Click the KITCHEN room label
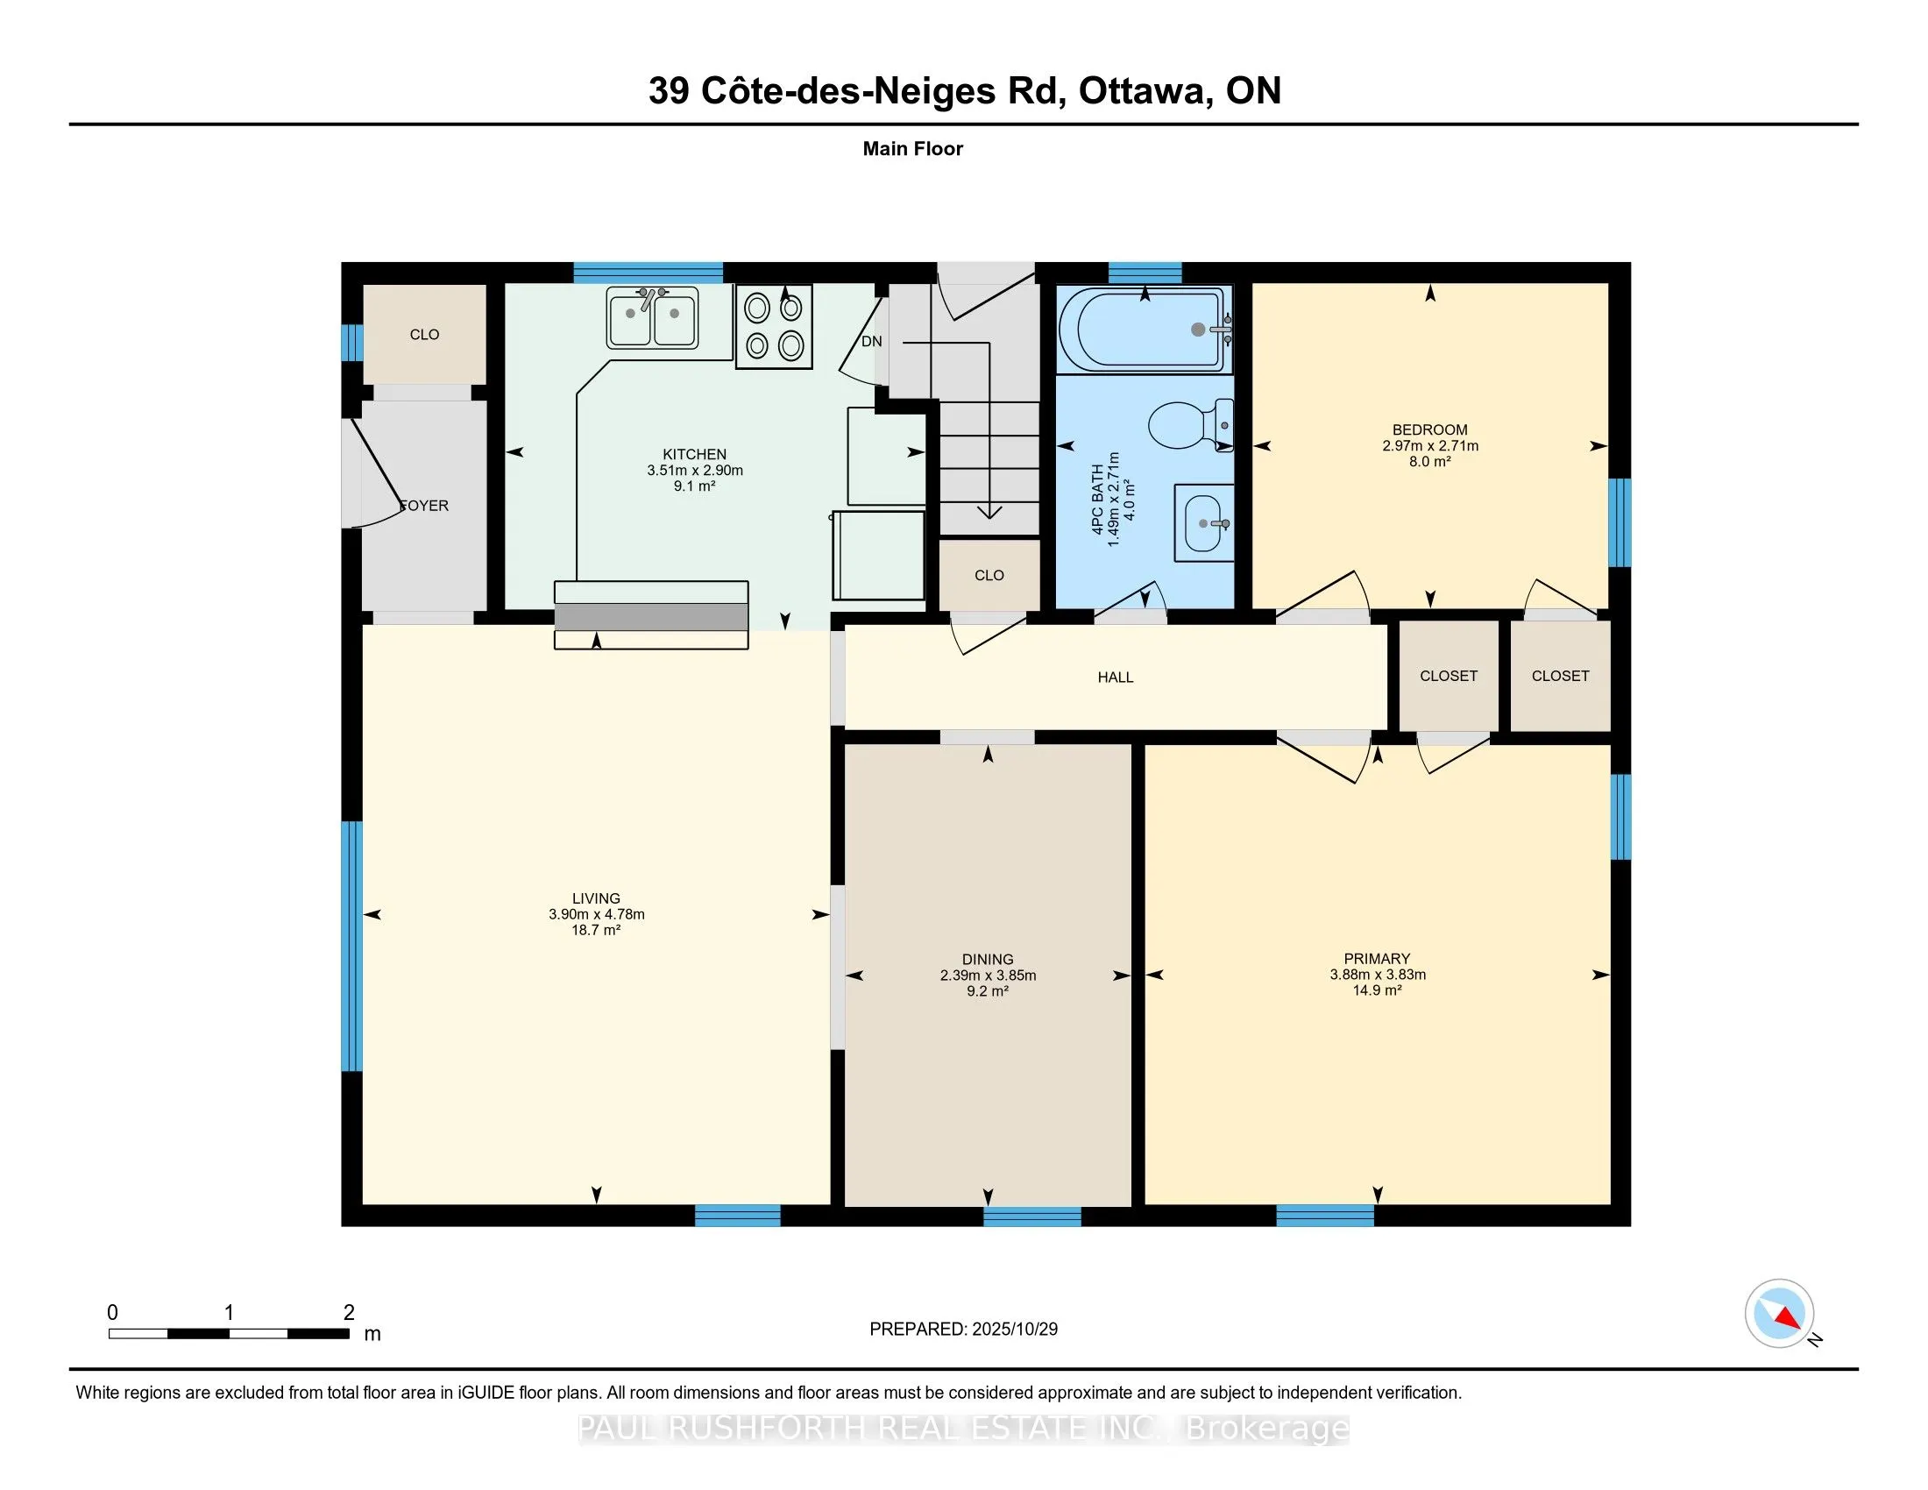(694, 455)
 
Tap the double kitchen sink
(652, 317)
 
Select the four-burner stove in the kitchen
(773, 327)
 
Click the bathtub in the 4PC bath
(1143, 330)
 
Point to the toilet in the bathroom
(1187, 425)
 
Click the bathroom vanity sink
(1203, 522)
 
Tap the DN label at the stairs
(871, 342)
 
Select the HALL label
(1115, 677)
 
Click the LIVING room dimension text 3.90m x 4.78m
(596, 914)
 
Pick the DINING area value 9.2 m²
(987, 991)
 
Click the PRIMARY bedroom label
(1376, 959)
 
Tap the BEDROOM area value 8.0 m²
(1429, 462)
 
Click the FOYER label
(426, 506)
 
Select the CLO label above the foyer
(425, 335)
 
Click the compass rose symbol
(1779, 1313)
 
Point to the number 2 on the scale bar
(349, 1313)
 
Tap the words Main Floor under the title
(912, 149)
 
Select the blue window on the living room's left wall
(351, 946)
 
